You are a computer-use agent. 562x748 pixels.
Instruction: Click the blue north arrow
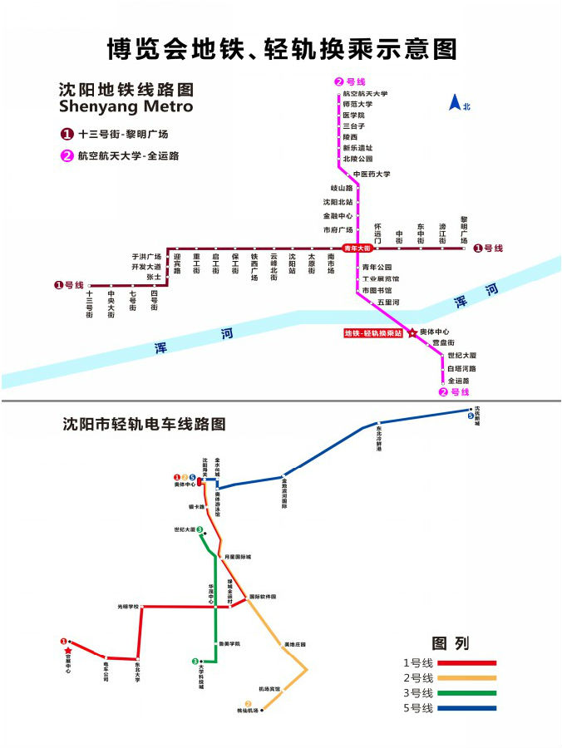(456, 103)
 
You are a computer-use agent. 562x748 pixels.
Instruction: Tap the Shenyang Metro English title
(126, 106)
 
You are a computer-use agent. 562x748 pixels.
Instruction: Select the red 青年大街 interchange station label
(358, 248)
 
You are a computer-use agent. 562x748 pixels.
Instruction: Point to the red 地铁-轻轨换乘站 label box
(373, 333)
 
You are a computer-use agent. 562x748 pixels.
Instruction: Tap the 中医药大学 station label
(372, 174)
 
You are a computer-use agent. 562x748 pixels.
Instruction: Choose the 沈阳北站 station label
(338, 202)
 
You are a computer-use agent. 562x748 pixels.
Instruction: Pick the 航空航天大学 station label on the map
(365, 94)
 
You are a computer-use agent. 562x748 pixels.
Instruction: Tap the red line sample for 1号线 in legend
(466, 663)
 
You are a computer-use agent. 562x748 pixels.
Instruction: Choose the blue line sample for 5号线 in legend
(466, 708)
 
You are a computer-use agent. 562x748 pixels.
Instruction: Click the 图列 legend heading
(450, 643)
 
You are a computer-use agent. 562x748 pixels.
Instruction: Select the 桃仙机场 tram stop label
(249, 711)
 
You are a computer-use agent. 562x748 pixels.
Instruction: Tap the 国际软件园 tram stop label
(263, 597)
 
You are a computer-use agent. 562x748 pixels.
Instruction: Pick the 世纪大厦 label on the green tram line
(185, 529)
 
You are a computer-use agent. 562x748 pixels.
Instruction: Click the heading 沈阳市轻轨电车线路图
(144, 423)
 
